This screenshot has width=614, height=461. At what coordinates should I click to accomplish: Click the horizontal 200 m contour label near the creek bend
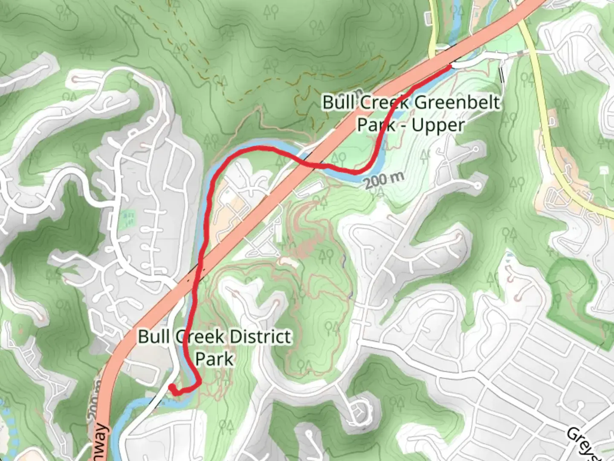coord(384,180)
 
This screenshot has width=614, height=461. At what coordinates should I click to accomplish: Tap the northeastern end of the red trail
coord(450,67)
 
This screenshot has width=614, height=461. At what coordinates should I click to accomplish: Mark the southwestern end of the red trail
coord(171,387)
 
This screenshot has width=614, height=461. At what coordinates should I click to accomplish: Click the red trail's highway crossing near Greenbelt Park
coord(313,163)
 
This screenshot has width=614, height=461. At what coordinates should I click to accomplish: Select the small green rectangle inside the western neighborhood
coord(128,218)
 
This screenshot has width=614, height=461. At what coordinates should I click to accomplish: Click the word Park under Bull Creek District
coord(214,359)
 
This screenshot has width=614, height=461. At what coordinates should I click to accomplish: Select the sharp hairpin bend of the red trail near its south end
coord(199,381)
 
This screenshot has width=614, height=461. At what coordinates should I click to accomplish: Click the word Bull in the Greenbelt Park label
coord(339,103)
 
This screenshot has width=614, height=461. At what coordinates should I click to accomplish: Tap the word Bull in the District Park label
coord(154,337)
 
